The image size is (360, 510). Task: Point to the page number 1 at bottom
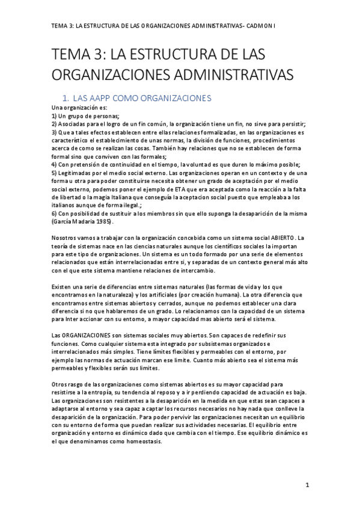[x=306, y=484]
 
